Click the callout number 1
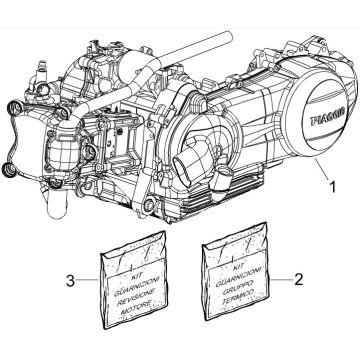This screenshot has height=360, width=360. [333, 186]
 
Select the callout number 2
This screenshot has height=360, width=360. [298, 279]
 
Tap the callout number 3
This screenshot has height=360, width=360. [70, 281]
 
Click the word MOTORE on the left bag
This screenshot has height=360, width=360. [137, 308]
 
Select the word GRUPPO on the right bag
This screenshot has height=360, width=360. [235, 286]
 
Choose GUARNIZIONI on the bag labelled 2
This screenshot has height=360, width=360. [239, 276]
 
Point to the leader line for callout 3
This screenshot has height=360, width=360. [88, 281]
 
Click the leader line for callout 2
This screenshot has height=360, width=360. [280, 279]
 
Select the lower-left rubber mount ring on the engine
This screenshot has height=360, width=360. [11, 169]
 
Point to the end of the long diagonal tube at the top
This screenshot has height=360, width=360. [230, 35]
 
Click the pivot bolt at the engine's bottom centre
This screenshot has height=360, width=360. [149, 205]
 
